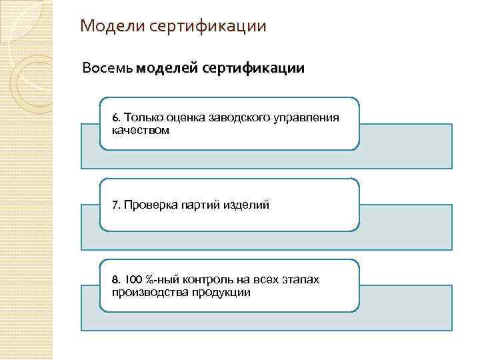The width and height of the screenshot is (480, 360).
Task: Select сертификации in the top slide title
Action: coord(209,27)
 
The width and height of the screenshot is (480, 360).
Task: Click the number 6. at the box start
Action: coord(117,118)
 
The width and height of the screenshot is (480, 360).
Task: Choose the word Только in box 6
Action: coord(143,118)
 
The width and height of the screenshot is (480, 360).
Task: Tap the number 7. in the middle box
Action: coord(117,205)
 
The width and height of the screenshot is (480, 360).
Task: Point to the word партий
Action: coord(201,205)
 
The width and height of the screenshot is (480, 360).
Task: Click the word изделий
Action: coord(247,205)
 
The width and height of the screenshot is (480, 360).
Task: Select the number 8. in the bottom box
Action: coord(117,279)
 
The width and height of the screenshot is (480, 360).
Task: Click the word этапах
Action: coord(301,279)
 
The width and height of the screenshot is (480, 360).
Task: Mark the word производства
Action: coord(147,292)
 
